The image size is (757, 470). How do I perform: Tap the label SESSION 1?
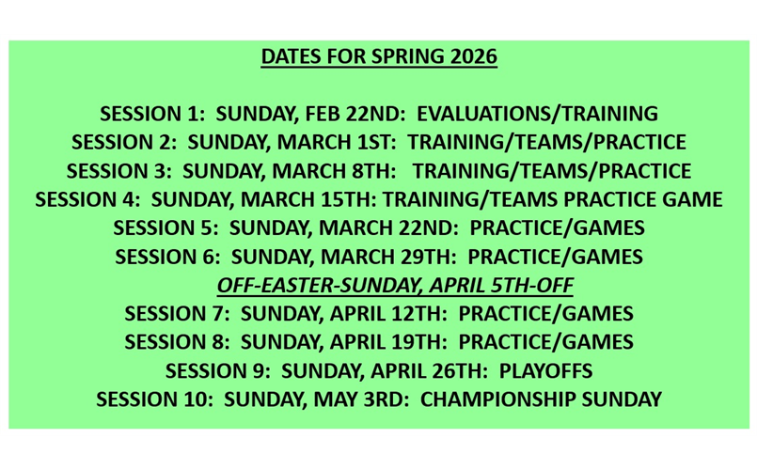tap(152, 115)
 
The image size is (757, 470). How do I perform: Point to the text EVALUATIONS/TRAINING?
tap(537, 115)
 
